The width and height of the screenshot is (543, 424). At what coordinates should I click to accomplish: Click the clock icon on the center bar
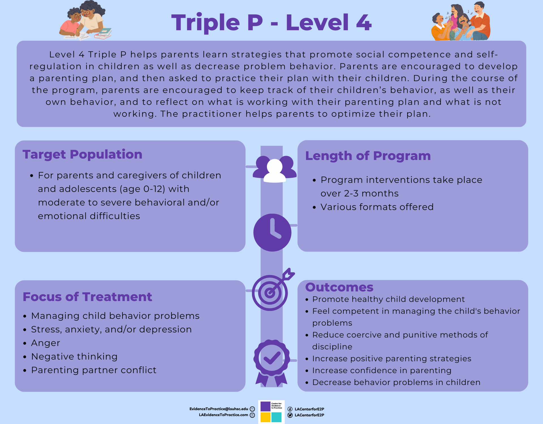[x=272, y=232]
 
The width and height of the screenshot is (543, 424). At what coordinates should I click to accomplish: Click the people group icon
[x=274, y=169]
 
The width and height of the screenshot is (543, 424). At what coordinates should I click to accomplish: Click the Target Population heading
[x=82, y=154]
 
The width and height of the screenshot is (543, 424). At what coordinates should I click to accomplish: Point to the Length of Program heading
[x=368, y=156]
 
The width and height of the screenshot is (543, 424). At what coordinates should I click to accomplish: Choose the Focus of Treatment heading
[x=87, y=297]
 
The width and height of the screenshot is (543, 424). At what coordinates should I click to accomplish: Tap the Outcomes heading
[x=339, y=287]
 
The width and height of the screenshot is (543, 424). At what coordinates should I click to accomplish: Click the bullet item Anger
[x=46, y=343]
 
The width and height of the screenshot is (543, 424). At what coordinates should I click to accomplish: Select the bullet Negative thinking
[x=74, y=356]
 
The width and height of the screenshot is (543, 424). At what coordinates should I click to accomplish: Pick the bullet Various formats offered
[x=377, y=207]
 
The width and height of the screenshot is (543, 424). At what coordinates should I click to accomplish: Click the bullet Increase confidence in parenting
[x=382, y=370]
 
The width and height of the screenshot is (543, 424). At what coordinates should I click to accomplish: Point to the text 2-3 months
[x=371, y=193]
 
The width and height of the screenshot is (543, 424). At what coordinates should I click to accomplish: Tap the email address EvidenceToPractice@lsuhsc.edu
[x=219, y=409]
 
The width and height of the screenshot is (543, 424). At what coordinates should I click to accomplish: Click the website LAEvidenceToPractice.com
[x=223, y=415]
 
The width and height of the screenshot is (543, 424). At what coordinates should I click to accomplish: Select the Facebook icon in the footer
[x=290, y=409]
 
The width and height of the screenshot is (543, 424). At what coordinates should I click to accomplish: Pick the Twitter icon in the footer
[x=290, y=415]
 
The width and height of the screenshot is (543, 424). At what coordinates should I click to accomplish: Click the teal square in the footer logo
[x=276, y=417]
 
